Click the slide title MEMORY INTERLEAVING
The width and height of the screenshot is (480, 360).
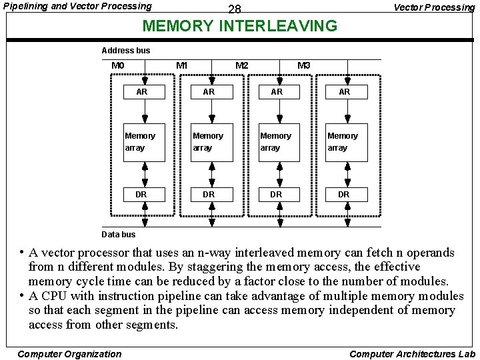(240, 27)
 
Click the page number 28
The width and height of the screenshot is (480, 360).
(234, 9)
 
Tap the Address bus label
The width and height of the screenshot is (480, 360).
(126, 50)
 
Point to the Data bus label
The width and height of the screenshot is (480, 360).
(118, 234)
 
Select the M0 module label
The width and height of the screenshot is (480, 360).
(117, 65)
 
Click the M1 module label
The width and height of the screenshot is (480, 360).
(181, 65)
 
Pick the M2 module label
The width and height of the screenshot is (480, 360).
(242, 65)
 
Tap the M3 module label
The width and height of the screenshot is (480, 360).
(303, 65)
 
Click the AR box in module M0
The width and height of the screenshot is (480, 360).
(142, 92)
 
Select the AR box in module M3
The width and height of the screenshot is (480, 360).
(344, 92)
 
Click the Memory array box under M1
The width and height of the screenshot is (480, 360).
(212, 142)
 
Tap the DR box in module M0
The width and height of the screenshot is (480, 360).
(142, 195)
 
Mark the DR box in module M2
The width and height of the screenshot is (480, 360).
(277, 195)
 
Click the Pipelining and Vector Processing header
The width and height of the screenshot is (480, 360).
(78, 7)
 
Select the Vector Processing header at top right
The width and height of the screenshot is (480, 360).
(434, 7)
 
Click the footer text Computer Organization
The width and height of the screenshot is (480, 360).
(69, 354)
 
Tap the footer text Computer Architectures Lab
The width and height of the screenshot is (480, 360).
(412, 354)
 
